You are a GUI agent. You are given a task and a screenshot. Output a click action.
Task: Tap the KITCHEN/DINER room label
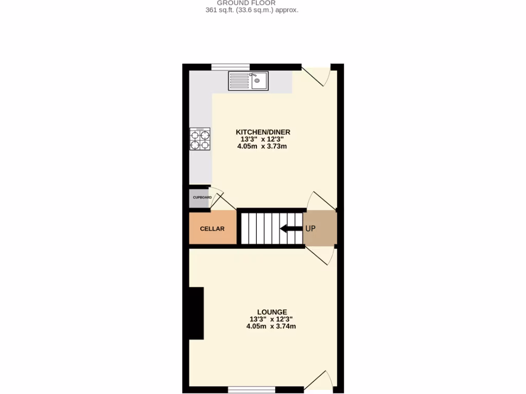(262, 132)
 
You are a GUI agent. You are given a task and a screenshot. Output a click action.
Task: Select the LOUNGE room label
(272, 312)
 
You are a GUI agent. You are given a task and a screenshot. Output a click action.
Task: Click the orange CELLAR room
(212, 229)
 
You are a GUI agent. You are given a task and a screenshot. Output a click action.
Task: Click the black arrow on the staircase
(291, 229)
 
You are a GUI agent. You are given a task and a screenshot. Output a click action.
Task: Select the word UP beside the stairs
(310, 229)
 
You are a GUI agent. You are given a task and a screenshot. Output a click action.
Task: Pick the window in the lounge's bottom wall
(251, 389)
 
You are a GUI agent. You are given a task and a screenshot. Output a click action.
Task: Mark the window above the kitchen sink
(231, 67)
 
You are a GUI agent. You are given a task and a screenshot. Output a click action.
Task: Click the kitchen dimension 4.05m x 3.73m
(261, 146)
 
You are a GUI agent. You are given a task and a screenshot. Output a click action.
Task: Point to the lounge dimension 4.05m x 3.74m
(271, 326)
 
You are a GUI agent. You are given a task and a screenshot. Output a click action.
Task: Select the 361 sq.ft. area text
(252, 10)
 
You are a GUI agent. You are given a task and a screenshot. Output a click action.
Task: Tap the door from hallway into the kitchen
(322, 201)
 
